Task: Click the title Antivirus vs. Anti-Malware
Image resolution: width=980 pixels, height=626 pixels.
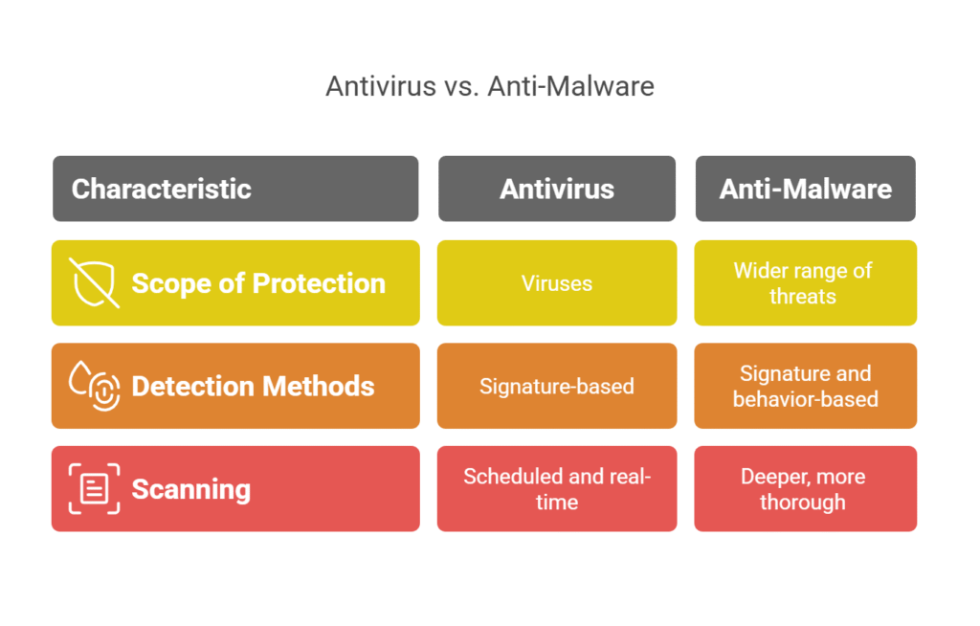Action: pyautogui.click(x=489, y=86)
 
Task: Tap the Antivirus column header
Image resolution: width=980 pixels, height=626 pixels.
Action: pyautogui.click(x=557, y=189)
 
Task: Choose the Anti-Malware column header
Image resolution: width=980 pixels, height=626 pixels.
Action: pyautogui.click(x=805, y=189)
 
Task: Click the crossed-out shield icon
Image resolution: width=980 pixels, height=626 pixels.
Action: pyautogui.click(x=95, y=282)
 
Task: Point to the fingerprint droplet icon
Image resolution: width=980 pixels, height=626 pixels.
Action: pyautogui.click(x=95, y=386)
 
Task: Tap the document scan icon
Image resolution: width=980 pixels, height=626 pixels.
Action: pyautogui.click(x=95, y=488)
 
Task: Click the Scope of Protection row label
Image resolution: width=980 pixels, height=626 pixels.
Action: pyautogui.click(x=258, y=283)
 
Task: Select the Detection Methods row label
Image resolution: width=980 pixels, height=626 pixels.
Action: pyautogui.click(x=253, y=386)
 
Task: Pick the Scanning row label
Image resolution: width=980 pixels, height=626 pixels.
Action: pyautogui.click(x=190, y=489)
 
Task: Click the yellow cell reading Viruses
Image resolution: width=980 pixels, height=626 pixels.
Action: pyautogui.click(x=557, y=283)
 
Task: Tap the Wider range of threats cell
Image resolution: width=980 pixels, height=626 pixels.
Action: pyautogui.click(x=805, y=283)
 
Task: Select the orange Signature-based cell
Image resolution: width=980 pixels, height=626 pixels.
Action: pyautogui.click(x=557, y=387)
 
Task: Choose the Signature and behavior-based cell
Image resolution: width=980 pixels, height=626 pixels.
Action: pyautogui.click(x=805, y=386)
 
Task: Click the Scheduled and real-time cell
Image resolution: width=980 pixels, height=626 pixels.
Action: pyautogui.click(x=557, y=488)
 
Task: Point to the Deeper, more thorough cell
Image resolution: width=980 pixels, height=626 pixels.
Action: pyautogui.click(x=805, y=488)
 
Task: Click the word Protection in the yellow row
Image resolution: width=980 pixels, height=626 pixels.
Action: pyautogui.click(x=320, y=283)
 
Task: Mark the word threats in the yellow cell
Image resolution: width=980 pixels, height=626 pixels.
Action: pyautogui.click(x=803, y=297)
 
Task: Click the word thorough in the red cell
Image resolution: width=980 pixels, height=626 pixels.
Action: pyautogui.click(x=803, y=502)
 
